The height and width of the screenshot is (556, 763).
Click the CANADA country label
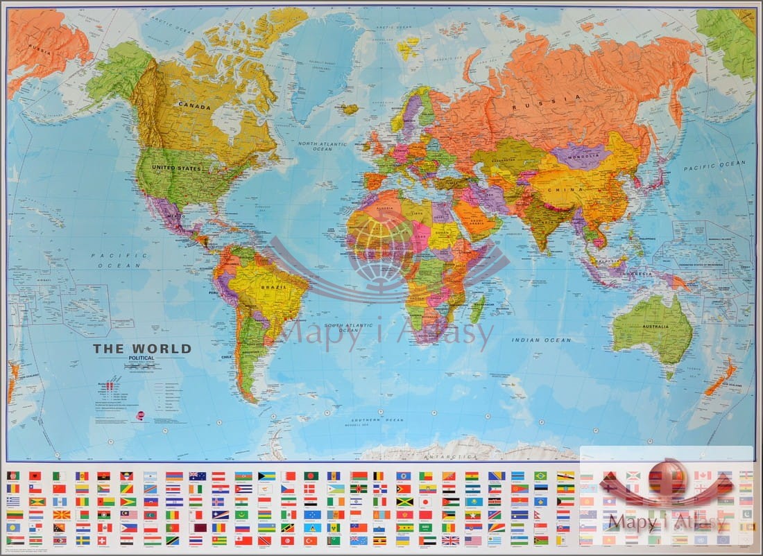coord(194,105)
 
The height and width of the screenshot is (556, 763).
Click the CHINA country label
coord(565,189)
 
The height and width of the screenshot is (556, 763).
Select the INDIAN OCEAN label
coord(541,340)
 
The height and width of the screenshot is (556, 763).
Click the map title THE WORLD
coord(142,349)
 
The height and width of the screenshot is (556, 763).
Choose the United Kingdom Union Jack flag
coord(450,540)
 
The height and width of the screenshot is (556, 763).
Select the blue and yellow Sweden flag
coord(81,540)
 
